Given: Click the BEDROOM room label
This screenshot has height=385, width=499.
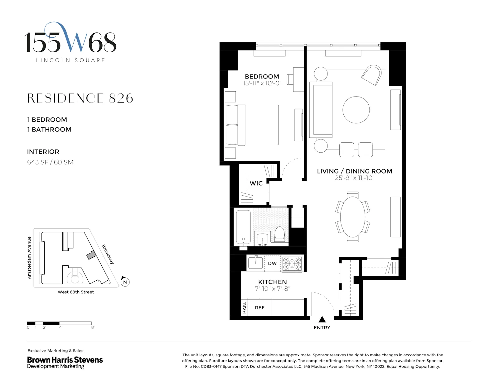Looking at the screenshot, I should (x=262, y=77).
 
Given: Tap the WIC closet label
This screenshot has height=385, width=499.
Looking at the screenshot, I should (x=256, y=183).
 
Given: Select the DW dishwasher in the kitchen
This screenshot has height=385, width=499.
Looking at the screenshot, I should (x=272, y=264).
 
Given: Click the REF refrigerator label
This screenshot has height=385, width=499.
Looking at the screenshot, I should (x=259, y=308).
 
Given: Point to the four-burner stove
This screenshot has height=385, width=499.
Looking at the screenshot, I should (x=292, y=264).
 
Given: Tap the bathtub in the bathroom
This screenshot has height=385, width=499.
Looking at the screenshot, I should (x=243, y=227).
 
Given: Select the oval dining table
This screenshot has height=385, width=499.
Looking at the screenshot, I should (x=353, y=217).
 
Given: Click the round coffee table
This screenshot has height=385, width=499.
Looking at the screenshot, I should (x=356, y=110).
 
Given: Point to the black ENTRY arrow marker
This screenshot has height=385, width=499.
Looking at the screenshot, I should (x=322, y=320).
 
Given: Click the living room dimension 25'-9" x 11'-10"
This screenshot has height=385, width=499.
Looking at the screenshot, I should (x=355, y=178).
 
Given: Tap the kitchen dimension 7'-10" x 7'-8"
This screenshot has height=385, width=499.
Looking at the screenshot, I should (x=272, y=289).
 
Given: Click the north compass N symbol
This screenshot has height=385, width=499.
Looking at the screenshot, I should (x=125, y=282).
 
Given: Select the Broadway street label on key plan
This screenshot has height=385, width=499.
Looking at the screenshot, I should (x=108, y=254).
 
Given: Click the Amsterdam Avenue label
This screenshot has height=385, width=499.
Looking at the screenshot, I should (x=29, y=258).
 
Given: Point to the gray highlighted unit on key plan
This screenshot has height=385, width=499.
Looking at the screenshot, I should (x=91, y=255).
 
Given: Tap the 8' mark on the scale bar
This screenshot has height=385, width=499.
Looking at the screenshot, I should (x=93, y=327).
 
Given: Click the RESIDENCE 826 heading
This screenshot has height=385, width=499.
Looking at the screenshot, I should (x=80, y=98).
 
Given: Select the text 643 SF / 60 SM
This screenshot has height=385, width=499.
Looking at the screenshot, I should (x=50, y=162).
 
